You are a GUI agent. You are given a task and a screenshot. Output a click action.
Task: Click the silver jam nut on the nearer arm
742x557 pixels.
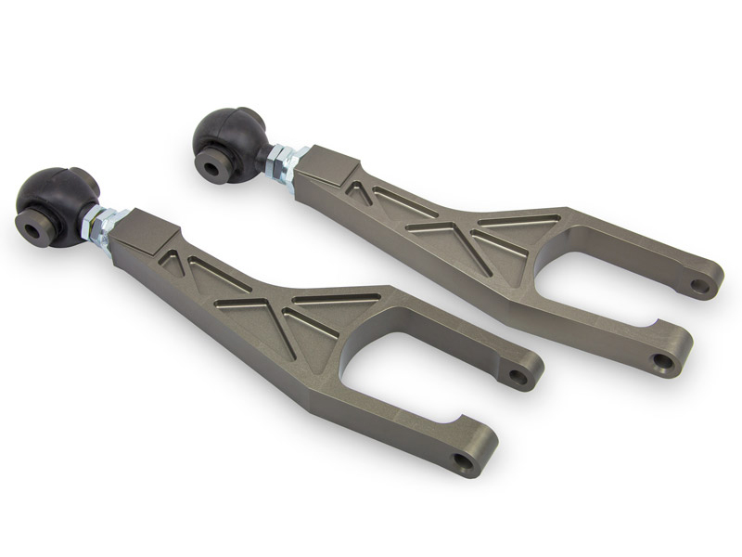coord(102,224)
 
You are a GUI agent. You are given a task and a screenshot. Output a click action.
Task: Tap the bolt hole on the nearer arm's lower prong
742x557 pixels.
coord(461,460)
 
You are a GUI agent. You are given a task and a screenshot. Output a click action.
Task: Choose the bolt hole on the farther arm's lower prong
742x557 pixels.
coord(661,360)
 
